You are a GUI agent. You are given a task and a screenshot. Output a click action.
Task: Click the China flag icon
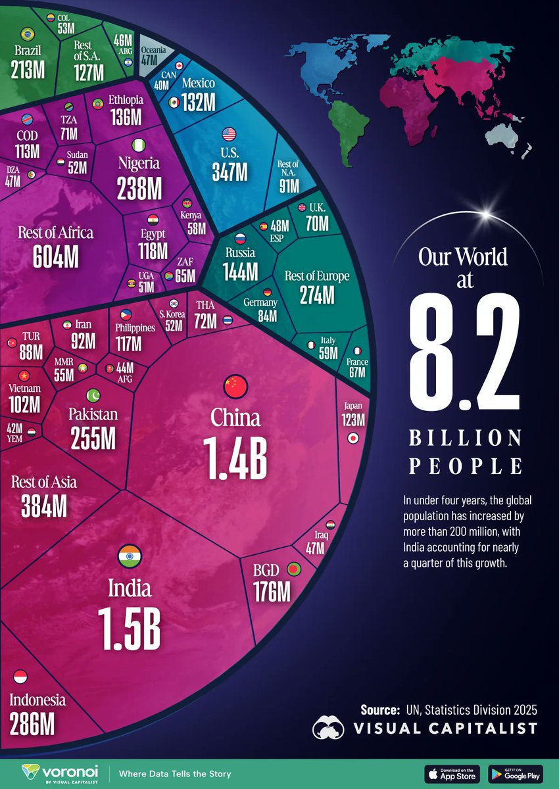(x=235, y=387)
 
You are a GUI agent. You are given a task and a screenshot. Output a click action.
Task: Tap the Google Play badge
(x=516, y=774)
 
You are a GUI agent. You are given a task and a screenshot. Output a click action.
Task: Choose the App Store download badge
(x=452, y=774)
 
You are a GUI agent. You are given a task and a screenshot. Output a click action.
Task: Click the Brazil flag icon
(x=28, y=34)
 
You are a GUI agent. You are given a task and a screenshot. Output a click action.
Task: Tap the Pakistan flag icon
(x=93, y=395)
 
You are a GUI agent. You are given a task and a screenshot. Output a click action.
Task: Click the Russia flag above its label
(x=241, y=240)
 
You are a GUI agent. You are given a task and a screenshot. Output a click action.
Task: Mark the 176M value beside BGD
(x=272, y=591)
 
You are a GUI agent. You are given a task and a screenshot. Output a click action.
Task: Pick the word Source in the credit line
(x=379, y=709)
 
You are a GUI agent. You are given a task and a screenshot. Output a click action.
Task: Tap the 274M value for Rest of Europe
(x=316, y=295)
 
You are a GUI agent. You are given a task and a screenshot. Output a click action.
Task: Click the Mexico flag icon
(x=174, y=103)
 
